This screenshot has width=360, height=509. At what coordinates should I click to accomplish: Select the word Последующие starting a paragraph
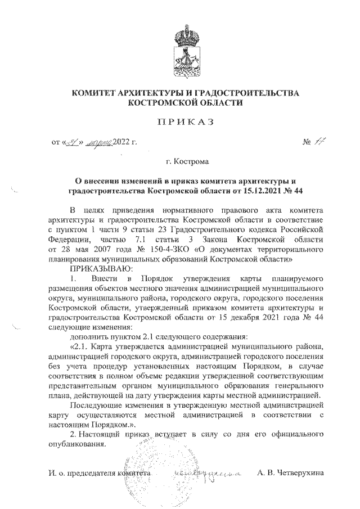pos(94,404)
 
